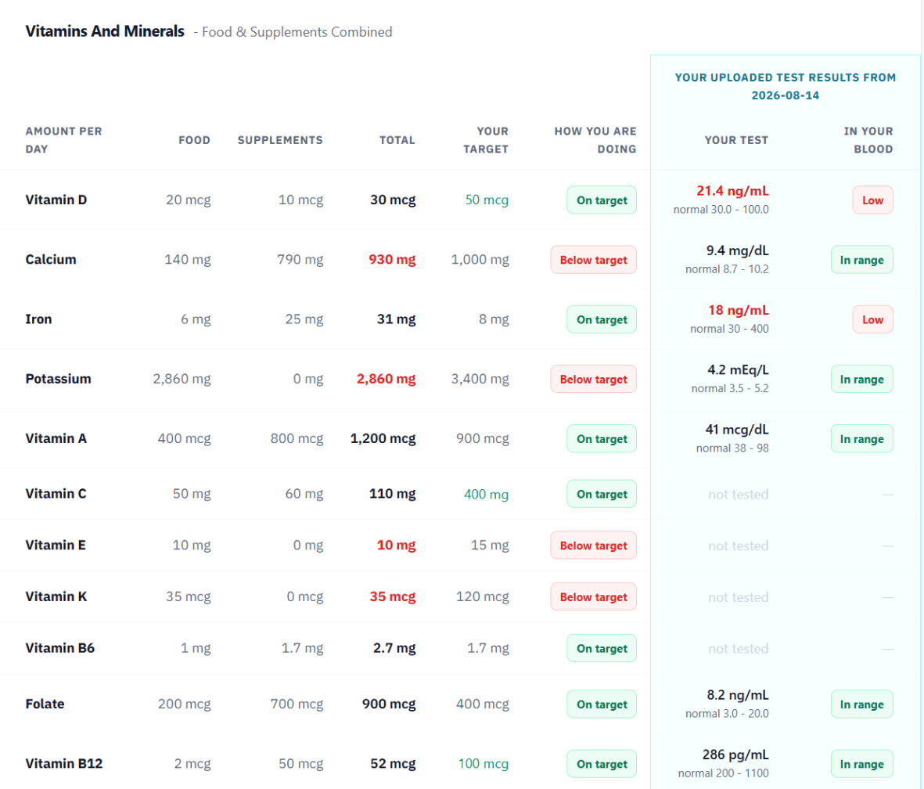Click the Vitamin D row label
tap(56, 200)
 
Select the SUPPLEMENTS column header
tap(280, 140)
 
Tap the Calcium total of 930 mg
tap(392, 259)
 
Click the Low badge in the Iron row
tap(872, 319)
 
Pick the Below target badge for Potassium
tap(593, 379)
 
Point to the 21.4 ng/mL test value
tap(732, 191)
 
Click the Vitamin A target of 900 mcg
tap(482, 439)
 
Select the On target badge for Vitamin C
tap(602, 494)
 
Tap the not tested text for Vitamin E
tap(738, 546)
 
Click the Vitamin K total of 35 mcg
tap(393, 596)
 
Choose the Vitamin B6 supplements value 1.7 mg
tap(302, 649)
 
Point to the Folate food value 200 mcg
tap(184, 704)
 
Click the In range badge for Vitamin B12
tap(861, 764)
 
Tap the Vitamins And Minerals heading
tap(105, 31)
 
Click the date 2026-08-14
tap(785, 95)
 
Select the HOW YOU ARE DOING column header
tap(595, 140)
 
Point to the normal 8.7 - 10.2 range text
tap(727, 269)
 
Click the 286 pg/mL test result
tap(735, 755)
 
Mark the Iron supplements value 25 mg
tap(304, 319)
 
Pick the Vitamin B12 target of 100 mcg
tap(484, 764)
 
